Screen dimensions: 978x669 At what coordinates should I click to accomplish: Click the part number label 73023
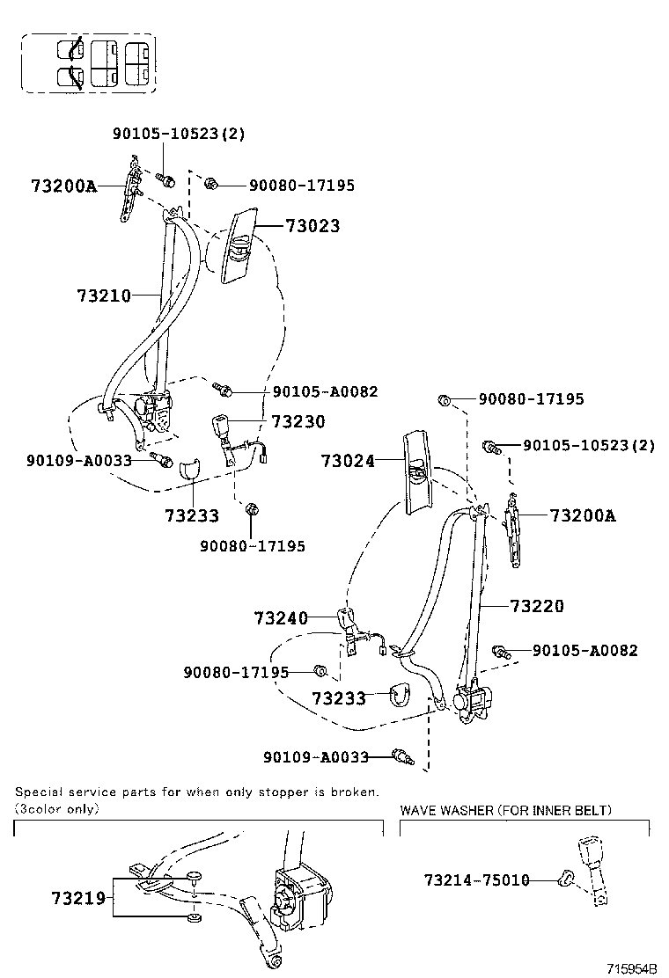click(x=312, y=226)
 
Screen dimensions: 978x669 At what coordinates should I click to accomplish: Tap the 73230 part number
click(x=298, y=422)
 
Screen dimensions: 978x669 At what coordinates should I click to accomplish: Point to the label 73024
click(x=348, y=461)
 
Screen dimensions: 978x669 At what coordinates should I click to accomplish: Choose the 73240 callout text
click(x=281, y=618)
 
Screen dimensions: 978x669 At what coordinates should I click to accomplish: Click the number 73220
click(x=536, y=606)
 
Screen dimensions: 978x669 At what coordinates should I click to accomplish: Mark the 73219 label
click(x=78, y=898)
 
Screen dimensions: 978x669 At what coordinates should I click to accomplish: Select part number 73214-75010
click(x=476, y=880)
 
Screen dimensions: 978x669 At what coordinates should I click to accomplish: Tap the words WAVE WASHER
click(x=448, y=810)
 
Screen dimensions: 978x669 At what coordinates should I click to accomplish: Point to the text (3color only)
click(x=56, y=807)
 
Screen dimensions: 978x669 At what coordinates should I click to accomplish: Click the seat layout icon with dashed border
click(x=89, y=63)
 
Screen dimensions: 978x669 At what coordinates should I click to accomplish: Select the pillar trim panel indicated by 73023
click(x=239, y=245)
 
